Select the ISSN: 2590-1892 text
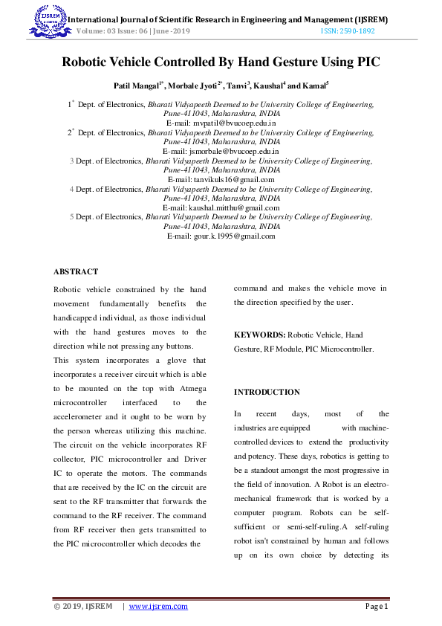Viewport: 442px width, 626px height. (x=348, y=31)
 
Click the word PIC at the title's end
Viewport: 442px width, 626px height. (x=368, y=63)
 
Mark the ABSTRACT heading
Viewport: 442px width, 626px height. (x=76, y=272)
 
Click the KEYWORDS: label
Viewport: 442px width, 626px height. (x=259, y=335)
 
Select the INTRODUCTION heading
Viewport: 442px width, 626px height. (x=267, y=392)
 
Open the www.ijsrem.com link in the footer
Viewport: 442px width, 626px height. (x=158, y=606)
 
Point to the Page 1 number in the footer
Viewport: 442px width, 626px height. (x=377, y=606)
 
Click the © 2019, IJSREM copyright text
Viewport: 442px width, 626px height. (x=83, y=606)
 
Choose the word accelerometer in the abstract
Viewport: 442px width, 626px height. (x=79, y=416)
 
